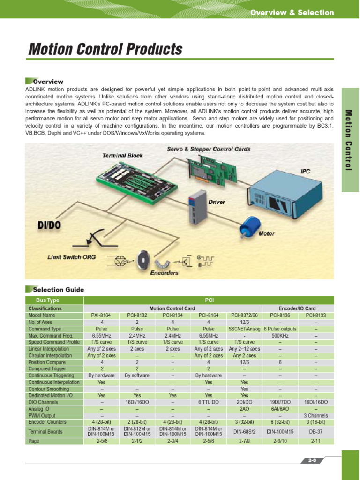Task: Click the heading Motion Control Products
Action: (105, 49)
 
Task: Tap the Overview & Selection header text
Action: (292, 13)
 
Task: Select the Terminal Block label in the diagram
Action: (123, 155)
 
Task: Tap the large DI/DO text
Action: (49, 225)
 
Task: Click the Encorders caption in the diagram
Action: (164, 272)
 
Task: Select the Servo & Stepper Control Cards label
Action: (209, 149)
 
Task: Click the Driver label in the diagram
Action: (217, 202)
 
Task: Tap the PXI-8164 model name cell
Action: (101, 315)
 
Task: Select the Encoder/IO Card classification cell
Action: (297, 308)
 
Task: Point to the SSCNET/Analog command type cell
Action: (245, 329)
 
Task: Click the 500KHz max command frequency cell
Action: (280, 336)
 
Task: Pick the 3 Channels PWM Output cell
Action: (316, 415)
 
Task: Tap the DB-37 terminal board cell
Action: (316, 431)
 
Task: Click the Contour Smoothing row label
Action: (49, 389)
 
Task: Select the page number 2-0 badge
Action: (313, 461)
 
